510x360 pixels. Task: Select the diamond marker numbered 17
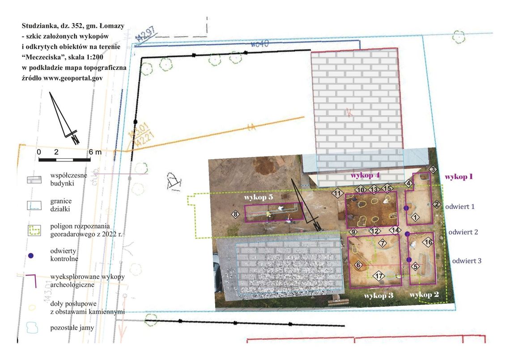pos(378,276)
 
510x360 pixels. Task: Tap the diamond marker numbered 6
pos(358,265)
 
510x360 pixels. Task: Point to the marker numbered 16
pos(428,242)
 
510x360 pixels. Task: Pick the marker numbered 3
pos(433,169)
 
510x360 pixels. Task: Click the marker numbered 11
pos(337,194)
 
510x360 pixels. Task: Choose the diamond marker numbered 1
pos(415,217)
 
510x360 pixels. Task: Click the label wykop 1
pos(459,177)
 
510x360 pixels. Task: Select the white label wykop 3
pos(378,296)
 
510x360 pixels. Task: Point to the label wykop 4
pos(365,176)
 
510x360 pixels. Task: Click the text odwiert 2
pos(463,232)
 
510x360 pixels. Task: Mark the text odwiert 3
pos(467,261)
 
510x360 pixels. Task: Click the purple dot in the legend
pos(31,255)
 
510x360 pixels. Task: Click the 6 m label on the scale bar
pos(95,152)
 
